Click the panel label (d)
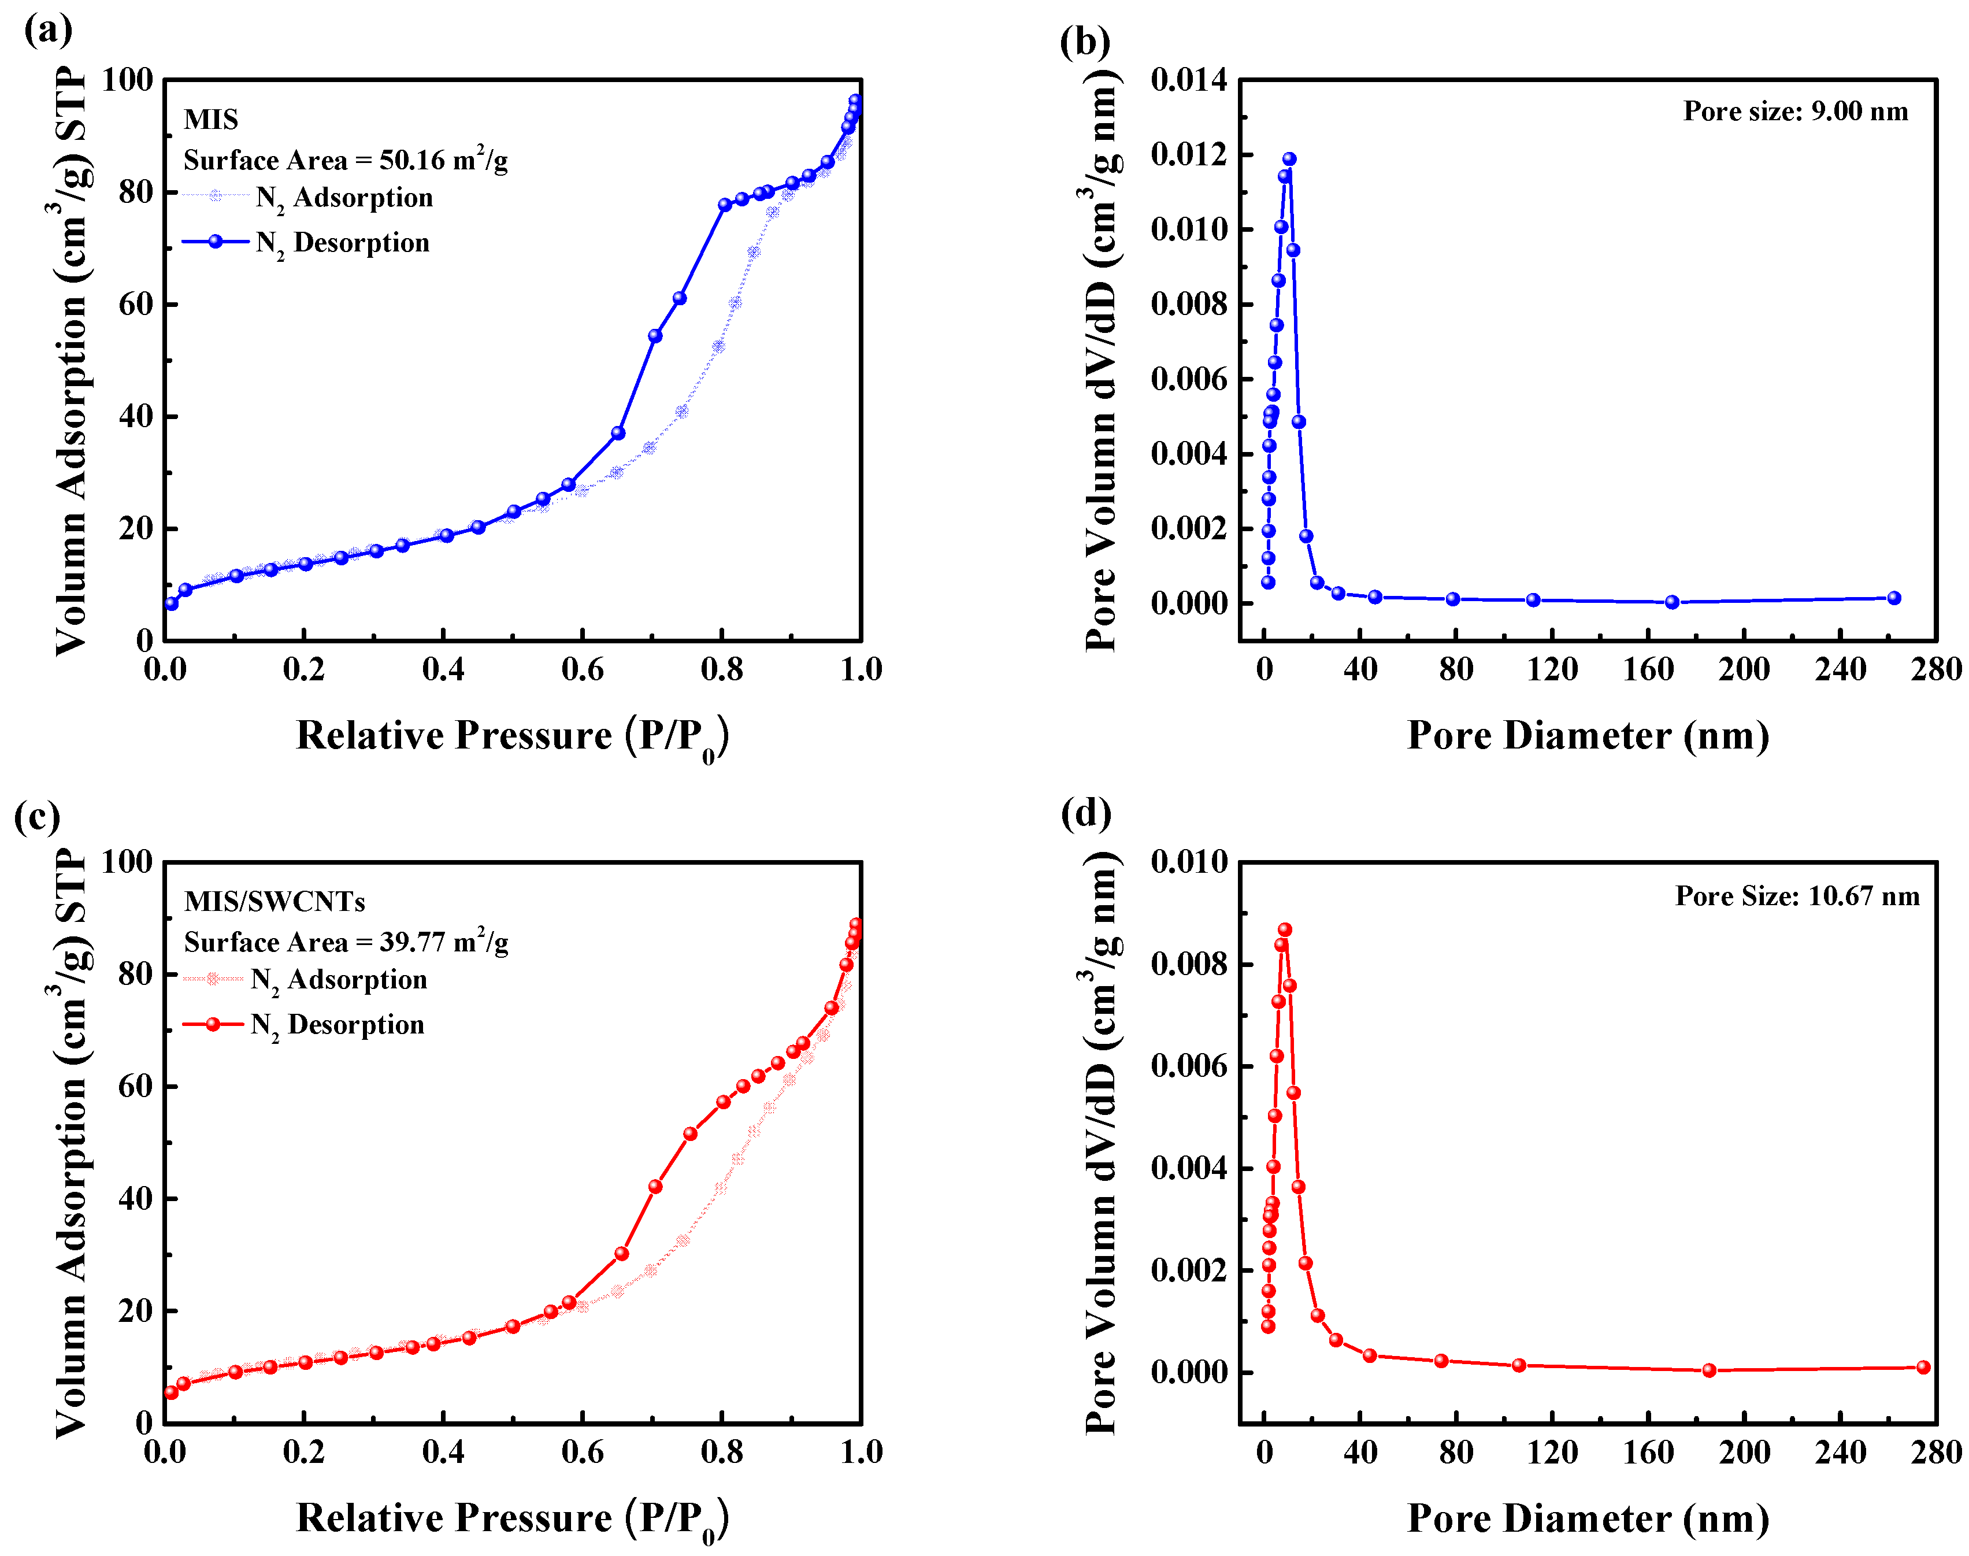(1085, 812)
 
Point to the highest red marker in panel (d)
(1284, 929)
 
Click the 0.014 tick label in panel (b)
(1188, 80)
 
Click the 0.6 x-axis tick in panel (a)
(582, 669)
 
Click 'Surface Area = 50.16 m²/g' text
(345, 160)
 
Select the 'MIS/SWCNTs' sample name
(274, 901)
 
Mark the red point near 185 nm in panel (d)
(1708, 1370)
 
